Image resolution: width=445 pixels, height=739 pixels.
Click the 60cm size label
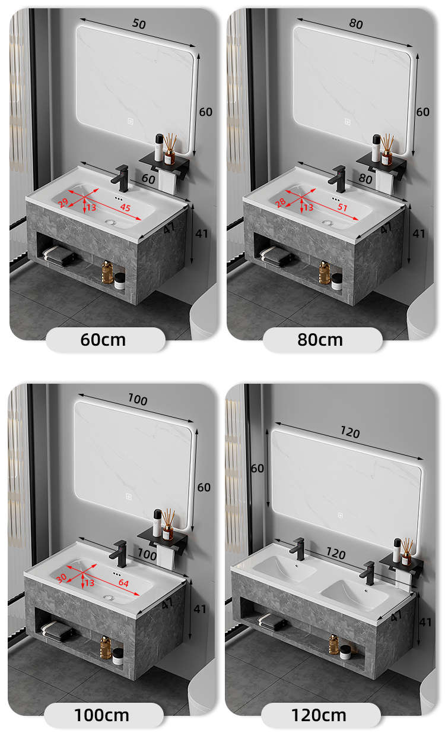103,339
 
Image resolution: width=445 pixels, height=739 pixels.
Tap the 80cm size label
320,339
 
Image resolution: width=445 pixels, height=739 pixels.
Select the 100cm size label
101,715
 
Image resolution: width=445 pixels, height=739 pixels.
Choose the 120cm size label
319,715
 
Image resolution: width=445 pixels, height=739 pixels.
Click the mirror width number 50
139,24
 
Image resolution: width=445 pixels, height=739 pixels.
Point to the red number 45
125,207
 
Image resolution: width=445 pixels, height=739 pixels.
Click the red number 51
342,207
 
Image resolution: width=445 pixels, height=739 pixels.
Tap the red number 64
123,583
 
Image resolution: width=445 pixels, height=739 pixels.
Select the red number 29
63,202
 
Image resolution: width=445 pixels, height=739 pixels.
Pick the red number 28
281,202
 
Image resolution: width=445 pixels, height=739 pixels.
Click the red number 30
61,577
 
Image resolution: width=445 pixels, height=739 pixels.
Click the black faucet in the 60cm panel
120,178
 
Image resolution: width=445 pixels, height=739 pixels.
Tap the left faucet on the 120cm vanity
297,549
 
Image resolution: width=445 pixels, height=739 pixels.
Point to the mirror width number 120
349,432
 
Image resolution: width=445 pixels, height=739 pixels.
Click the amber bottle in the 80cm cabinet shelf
325,272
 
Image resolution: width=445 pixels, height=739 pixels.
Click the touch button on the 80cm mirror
348,122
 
